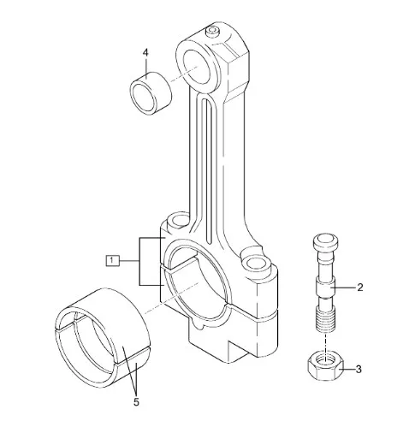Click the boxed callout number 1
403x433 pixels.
pos(112,260)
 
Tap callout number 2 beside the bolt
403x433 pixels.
pos(360,288)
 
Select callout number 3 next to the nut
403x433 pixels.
pos(359,369)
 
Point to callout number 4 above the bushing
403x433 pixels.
pos(145,53)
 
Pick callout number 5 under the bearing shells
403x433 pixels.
pos(136,402)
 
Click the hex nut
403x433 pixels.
pos(325,366)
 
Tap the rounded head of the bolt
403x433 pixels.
pos(326,242)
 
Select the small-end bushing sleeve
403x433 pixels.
pos(151,93)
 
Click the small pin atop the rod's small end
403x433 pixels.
pos(212,31)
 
